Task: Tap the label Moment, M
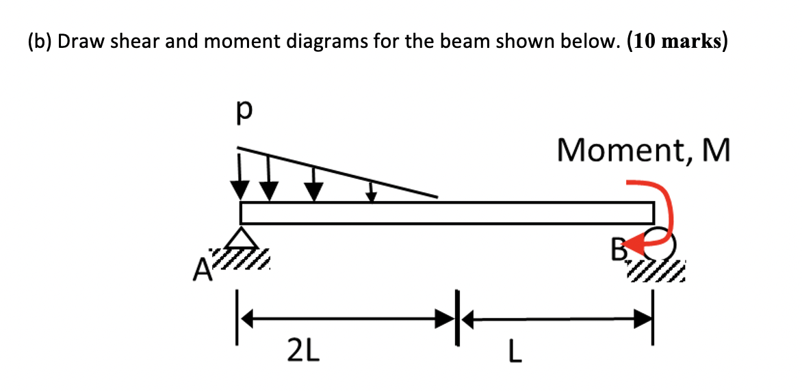[643, 150]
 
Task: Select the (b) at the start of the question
[40, 42]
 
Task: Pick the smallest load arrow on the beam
[371, 191]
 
